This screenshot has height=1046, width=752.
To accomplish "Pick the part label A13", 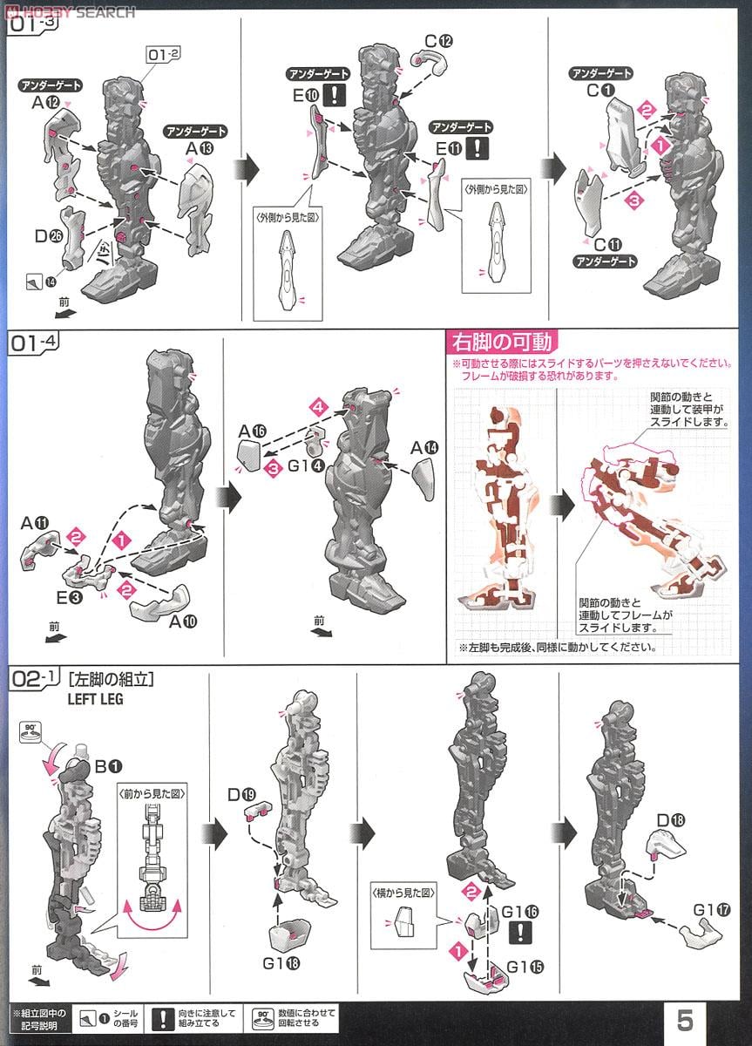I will (x=198, y=149).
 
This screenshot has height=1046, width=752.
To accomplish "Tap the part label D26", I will (x=46, y=235).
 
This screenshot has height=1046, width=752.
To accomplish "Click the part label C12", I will (x=439, y=42).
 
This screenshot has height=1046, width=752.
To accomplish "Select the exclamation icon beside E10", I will (x=357, y=95).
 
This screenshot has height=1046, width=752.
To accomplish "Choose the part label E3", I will (x=71, y=598).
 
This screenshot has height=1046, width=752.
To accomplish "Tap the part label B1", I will (x=107, y=767).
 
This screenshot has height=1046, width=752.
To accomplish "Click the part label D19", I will (x=254, y=795).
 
